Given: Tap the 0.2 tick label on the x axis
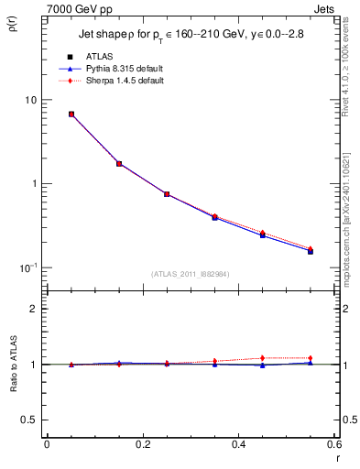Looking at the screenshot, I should point(142,444).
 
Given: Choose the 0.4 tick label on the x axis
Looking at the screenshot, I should point(238,444).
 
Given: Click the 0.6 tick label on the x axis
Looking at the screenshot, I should point(334,444).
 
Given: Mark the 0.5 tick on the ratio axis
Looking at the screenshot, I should point(30,420).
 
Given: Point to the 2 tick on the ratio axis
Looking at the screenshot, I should point(35,309).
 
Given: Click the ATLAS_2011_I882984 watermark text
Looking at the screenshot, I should point(191,274).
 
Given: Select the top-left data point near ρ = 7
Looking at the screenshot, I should point(71,115).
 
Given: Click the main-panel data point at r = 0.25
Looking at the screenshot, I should point(167,194).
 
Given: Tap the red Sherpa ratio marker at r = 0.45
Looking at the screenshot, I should point(262,358).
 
